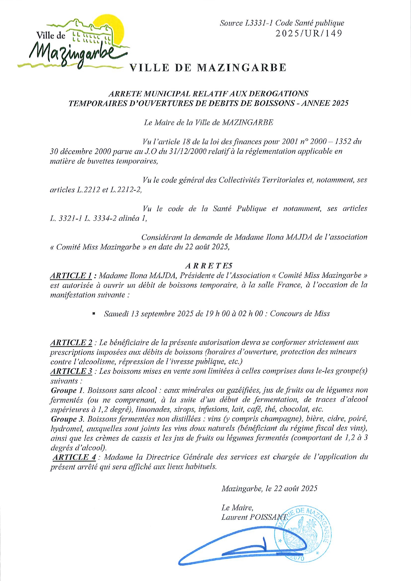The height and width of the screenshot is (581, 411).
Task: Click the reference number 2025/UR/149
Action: [x=309, y=33]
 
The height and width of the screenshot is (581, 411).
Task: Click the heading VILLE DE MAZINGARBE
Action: [x=208, y=68]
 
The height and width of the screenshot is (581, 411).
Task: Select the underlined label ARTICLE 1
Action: [x=71, y=275]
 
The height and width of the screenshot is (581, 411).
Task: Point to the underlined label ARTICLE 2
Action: [x=71, y=342]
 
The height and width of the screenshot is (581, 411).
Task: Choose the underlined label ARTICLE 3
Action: [x=71, y=371]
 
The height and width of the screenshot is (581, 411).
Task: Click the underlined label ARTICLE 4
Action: [x=74, y=457]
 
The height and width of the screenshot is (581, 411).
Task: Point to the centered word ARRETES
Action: [x=209, y=266]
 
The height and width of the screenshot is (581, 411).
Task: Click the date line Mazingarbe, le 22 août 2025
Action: [x=269, y=489]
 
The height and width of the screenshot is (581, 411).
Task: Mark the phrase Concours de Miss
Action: [x=300, y=314]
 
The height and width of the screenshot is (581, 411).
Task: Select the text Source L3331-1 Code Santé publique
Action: [x=282, y=23]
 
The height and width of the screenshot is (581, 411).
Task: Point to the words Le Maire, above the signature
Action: [x=237, y=508]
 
